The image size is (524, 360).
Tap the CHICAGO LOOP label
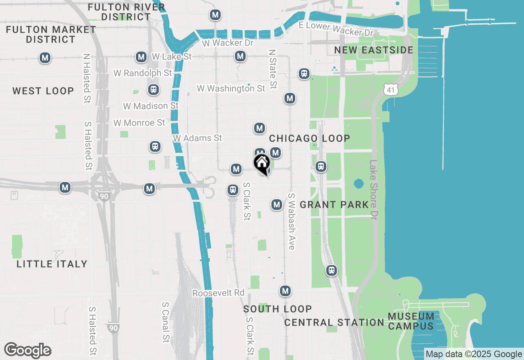pyautogui.click(x=309, y=138)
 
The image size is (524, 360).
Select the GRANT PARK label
pyautogui.click(x=334, y=205)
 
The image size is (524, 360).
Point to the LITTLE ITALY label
pyautogui.click(x=52, y=264)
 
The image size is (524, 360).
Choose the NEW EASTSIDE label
pyautogui.click(x=374, y=50)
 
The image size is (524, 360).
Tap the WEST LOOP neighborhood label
pyautogui.click(x=43, y=91)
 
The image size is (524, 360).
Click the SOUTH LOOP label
pyautogui.click(x=278, y=309)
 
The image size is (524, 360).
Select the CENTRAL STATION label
pyautogui.click(x=334, y=322)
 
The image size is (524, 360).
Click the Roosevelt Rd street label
pyautogui.click(x=218, y=293)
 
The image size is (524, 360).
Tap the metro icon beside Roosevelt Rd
pyautogui.click(x=285, y=291)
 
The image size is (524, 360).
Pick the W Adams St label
pyautogui.click(x=197, y=138)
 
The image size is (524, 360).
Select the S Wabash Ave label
pyautogui.click(x=291, y=221)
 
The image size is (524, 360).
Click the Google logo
pyautogui.click(x=28, y=351)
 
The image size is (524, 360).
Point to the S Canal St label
pyautogui.click(x=165, y=322)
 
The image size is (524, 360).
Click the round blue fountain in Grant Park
pyautogui.click(x=359, y=184)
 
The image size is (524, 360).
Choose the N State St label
pyautogui.click(x=273, y=69)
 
